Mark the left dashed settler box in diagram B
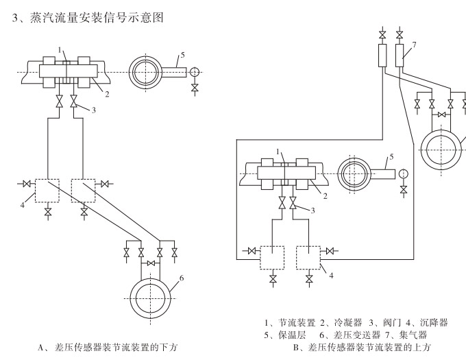(272, 258)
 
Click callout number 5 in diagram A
(183, 56)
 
